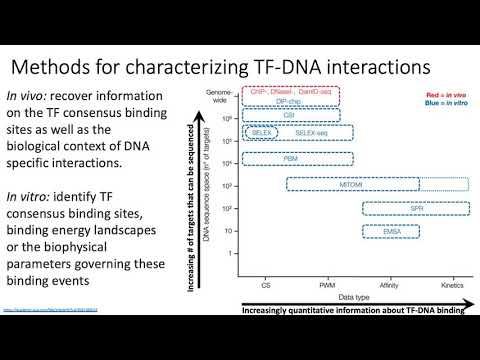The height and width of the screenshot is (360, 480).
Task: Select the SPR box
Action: pyautogui.click(x=404, y=208)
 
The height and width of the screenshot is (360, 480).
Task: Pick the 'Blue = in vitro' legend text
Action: pyautogui.click(x=437, y=104)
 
